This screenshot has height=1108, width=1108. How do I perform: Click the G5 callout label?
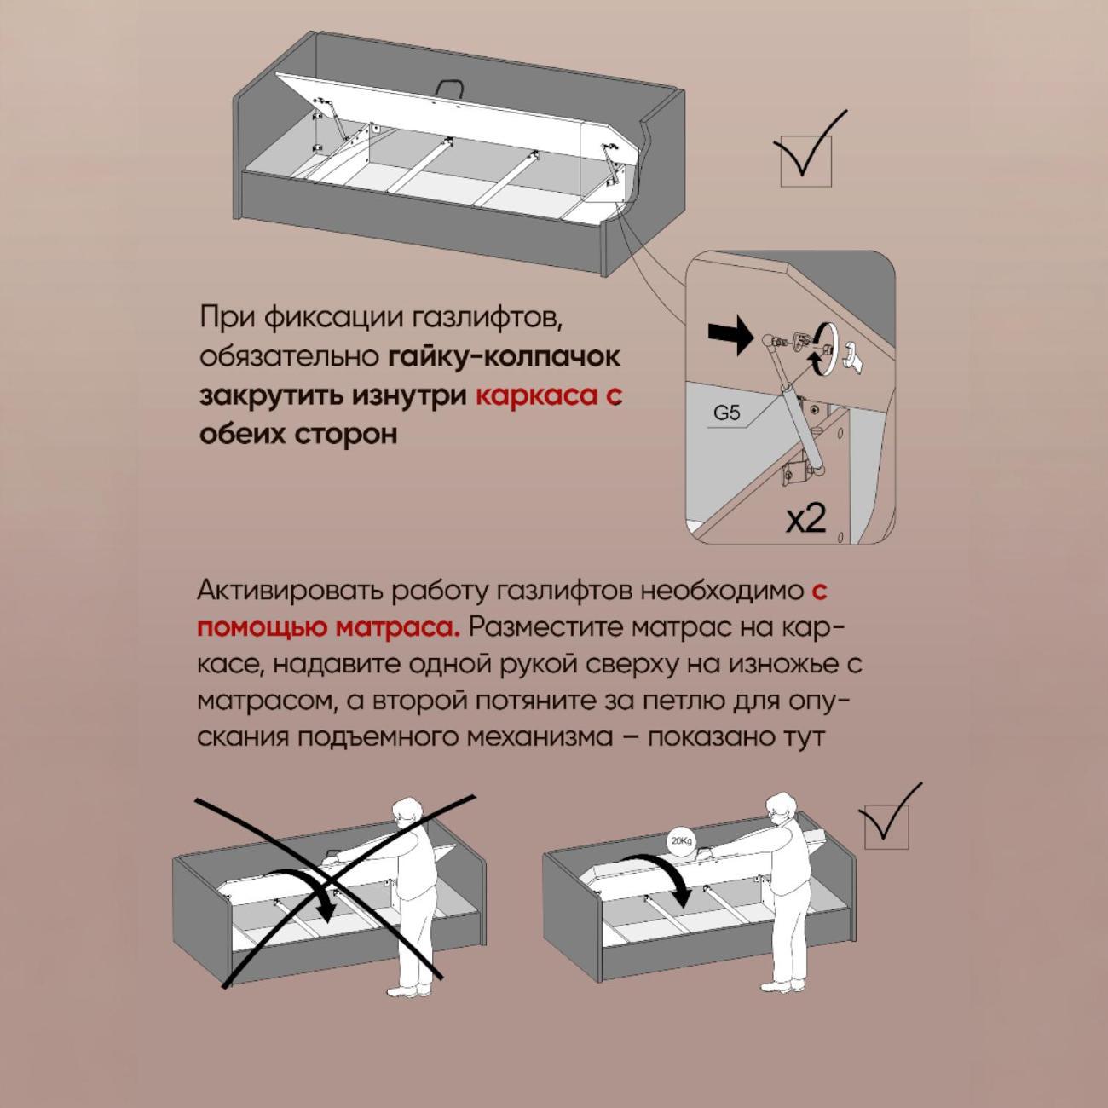pos(727,413)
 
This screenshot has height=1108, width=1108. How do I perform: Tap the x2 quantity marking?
pos(805,518)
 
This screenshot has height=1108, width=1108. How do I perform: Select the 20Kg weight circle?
pos(681,841)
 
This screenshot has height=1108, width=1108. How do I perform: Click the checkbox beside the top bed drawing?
pos(805,162)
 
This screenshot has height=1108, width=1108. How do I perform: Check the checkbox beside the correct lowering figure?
pos(886,828)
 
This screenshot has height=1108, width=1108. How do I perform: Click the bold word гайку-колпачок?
pos(505,356)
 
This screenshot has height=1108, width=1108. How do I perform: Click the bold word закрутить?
pos(270,396)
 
